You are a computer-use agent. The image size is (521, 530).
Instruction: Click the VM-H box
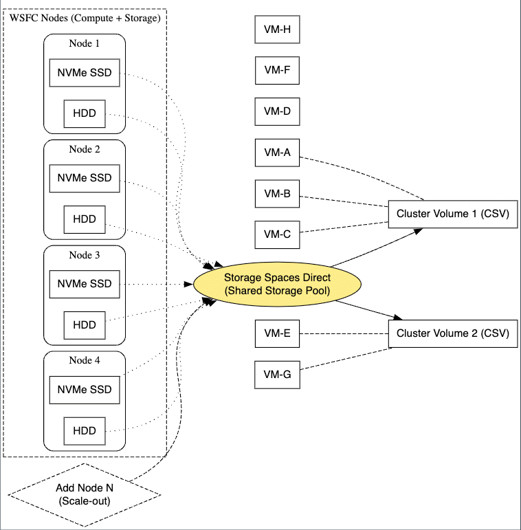pyautogui.click(x=277, y=30)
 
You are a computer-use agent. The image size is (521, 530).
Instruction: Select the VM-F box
pyautogui.click(x=277, y=70)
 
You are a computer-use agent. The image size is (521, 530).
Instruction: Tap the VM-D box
pyautogui.click(x=277, y=111)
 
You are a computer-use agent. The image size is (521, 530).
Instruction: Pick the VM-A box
pyautogui.click(x=277, y=153)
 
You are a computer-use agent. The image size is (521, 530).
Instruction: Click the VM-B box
pyautogui.click(x=277, y=194)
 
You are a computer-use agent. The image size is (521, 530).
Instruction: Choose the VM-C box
pyautogui.click(x=277, y=234)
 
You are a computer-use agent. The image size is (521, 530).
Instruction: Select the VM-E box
pyautogui.click(x=277, y=334)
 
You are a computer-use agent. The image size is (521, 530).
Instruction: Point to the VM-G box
pyautogui.click(x=277, y=375)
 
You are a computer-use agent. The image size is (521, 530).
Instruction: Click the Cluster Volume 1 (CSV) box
pyautogui.click(x=452, y=214)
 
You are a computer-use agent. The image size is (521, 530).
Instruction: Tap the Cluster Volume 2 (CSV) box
pyautogui.click(x=452, y=334)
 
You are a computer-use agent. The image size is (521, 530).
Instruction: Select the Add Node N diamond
pyautogui.click(x=85, y=494)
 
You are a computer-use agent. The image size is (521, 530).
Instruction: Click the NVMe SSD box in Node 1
pyautogui.click(x=85, y=73)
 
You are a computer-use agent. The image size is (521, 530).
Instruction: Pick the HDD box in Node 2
pyautogui.click(x=85, y=219)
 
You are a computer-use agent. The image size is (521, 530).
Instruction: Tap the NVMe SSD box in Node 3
pyautogui.click(x=85, y=284)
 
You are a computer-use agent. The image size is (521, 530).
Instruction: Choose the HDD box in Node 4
pyautogui.click(x=85, y=431)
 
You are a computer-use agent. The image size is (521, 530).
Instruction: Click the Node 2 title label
pyautogui.click(x=85, y=149)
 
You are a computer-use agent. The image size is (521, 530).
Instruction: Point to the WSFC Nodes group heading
pyautogui.click(x=85, y=17)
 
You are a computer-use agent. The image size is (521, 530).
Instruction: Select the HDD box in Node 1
pyautogui.click(x=85, y=113)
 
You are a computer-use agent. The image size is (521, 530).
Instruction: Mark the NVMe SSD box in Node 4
pyautogui.click(x=85, y=390)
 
